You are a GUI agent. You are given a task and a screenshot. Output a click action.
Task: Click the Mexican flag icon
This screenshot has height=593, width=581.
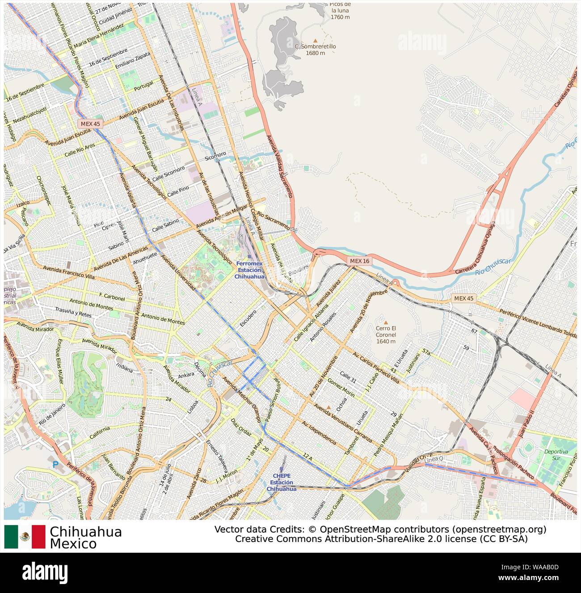click(x=25, y=537)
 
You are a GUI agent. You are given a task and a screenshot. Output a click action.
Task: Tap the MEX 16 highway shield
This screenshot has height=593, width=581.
click(x=359, y=261)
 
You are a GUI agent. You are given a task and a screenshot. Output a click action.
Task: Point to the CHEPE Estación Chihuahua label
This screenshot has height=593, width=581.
click(x=282, y=482)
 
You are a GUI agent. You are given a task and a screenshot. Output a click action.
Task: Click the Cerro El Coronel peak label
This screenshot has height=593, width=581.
click(x=386, y=335)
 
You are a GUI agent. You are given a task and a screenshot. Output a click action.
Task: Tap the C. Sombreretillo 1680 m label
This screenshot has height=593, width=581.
click(x=315, y=49)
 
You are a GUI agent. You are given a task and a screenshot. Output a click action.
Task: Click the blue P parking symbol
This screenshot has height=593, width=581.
click(x=55, y=465)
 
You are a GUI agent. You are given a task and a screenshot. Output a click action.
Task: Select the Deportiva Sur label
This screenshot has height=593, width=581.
click(x=556, y=455)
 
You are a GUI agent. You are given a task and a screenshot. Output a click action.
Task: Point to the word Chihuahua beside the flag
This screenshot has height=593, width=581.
click(x=86, y=532)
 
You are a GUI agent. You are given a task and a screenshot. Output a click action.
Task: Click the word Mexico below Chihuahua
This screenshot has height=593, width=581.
click(x=73, y=544)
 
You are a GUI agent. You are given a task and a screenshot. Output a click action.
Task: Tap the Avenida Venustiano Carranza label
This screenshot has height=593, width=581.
click(x=343, y=423)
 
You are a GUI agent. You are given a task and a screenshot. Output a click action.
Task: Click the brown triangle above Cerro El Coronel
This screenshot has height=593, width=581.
click(x=386, y=322)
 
